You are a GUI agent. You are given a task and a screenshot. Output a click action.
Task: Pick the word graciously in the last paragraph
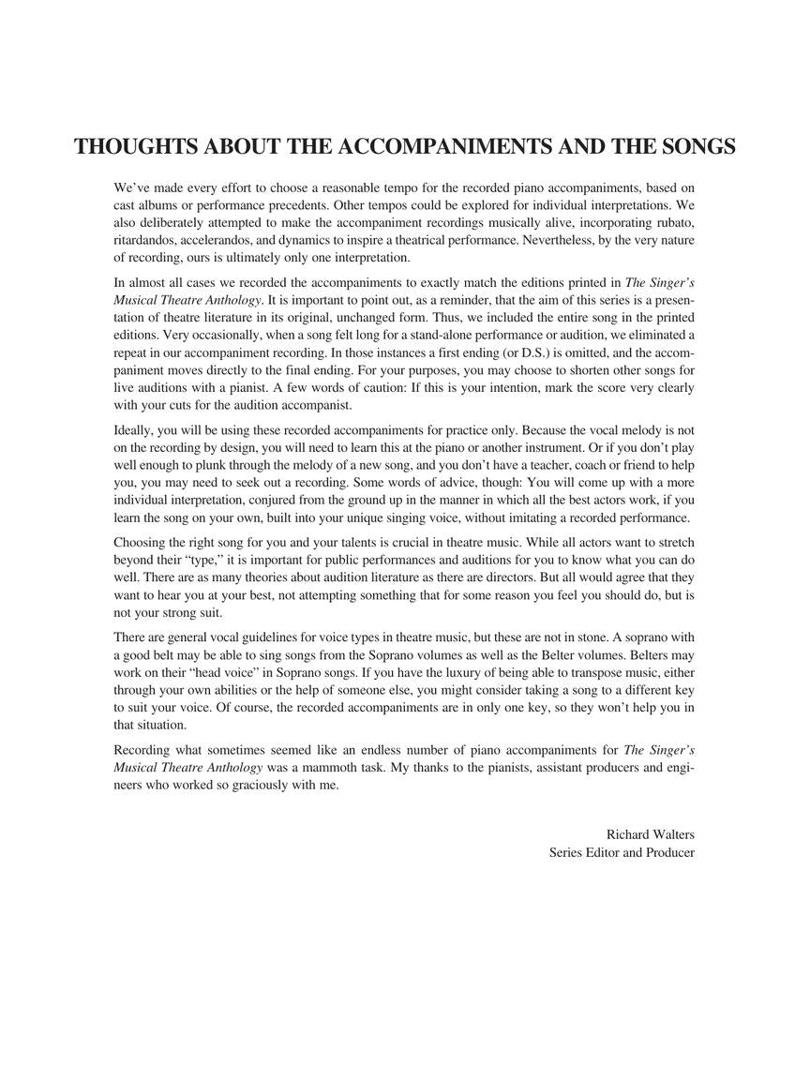pyautogui.click(x=233, y=786)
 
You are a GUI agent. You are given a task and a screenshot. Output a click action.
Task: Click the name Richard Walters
pyautogui.click(x=650, y=834)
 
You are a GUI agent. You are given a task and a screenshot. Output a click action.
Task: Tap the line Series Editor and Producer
pyautogui.click(x=622, y=852)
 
